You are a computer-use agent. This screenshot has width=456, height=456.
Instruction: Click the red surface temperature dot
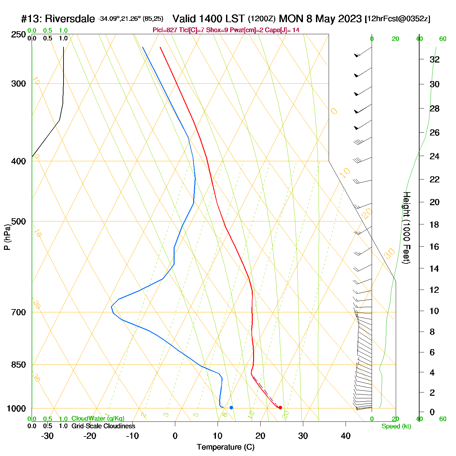click(280, 407)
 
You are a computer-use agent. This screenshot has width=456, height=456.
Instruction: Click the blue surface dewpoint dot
click(231, 407)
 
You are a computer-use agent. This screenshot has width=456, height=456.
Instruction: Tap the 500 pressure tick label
click(19, 221)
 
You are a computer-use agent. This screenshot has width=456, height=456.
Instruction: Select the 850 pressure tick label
click(19, 365)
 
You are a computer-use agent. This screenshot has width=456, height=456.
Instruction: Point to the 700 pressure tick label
click(19, 312)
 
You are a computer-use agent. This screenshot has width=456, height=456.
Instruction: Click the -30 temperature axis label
click(48, 436)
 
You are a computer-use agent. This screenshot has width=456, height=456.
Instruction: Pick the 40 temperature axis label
click(346, 436)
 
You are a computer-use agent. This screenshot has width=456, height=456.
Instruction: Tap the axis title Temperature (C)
click(225, 447)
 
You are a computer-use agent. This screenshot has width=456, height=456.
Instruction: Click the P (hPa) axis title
click(7, 237)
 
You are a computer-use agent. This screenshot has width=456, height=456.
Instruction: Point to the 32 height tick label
click(435, 59)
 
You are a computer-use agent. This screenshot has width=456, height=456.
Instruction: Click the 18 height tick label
click(435, 224)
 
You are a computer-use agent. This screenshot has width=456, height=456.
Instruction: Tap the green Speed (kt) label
click(396, 426)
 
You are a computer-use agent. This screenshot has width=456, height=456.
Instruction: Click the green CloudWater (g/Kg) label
click(98, 419)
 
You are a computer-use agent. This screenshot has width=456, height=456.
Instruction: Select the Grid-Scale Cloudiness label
click(103, 426)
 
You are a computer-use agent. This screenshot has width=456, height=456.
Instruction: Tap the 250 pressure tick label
click(19, 35)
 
